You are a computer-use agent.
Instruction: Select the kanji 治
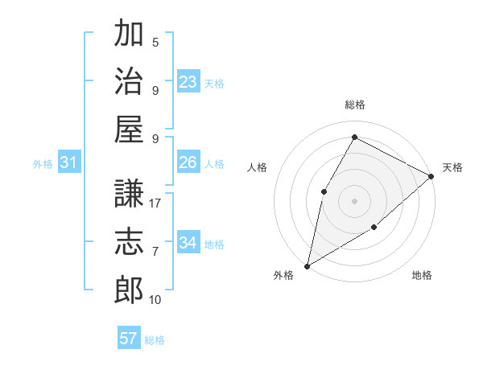(129, 80)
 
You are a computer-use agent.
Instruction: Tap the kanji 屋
(129, 128)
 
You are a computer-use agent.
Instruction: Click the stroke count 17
(155, 203)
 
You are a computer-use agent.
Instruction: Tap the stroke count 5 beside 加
(155, 43)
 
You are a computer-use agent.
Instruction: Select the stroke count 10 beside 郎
(155, 299)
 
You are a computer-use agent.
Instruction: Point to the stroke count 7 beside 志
(155, 252)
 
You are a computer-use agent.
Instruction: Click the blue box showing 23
(188, 81)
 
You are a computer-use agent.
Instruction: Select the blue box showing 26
(188, 162)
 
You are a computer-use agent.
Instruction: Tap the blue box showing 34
(188, 242)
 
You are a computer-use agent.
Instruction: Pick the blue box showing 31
(69, 163)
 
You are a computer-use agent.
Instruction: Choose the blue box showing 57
(129, 338)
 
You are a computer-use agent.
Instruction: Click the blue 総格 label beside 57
(155, 340)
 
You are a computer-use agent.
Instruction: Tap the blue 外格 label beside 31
(43, 164)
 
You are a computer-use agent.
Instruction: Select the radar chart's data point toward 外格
(307, 265)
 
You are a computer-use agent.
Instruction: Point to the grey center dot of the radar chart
(354, 200)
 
